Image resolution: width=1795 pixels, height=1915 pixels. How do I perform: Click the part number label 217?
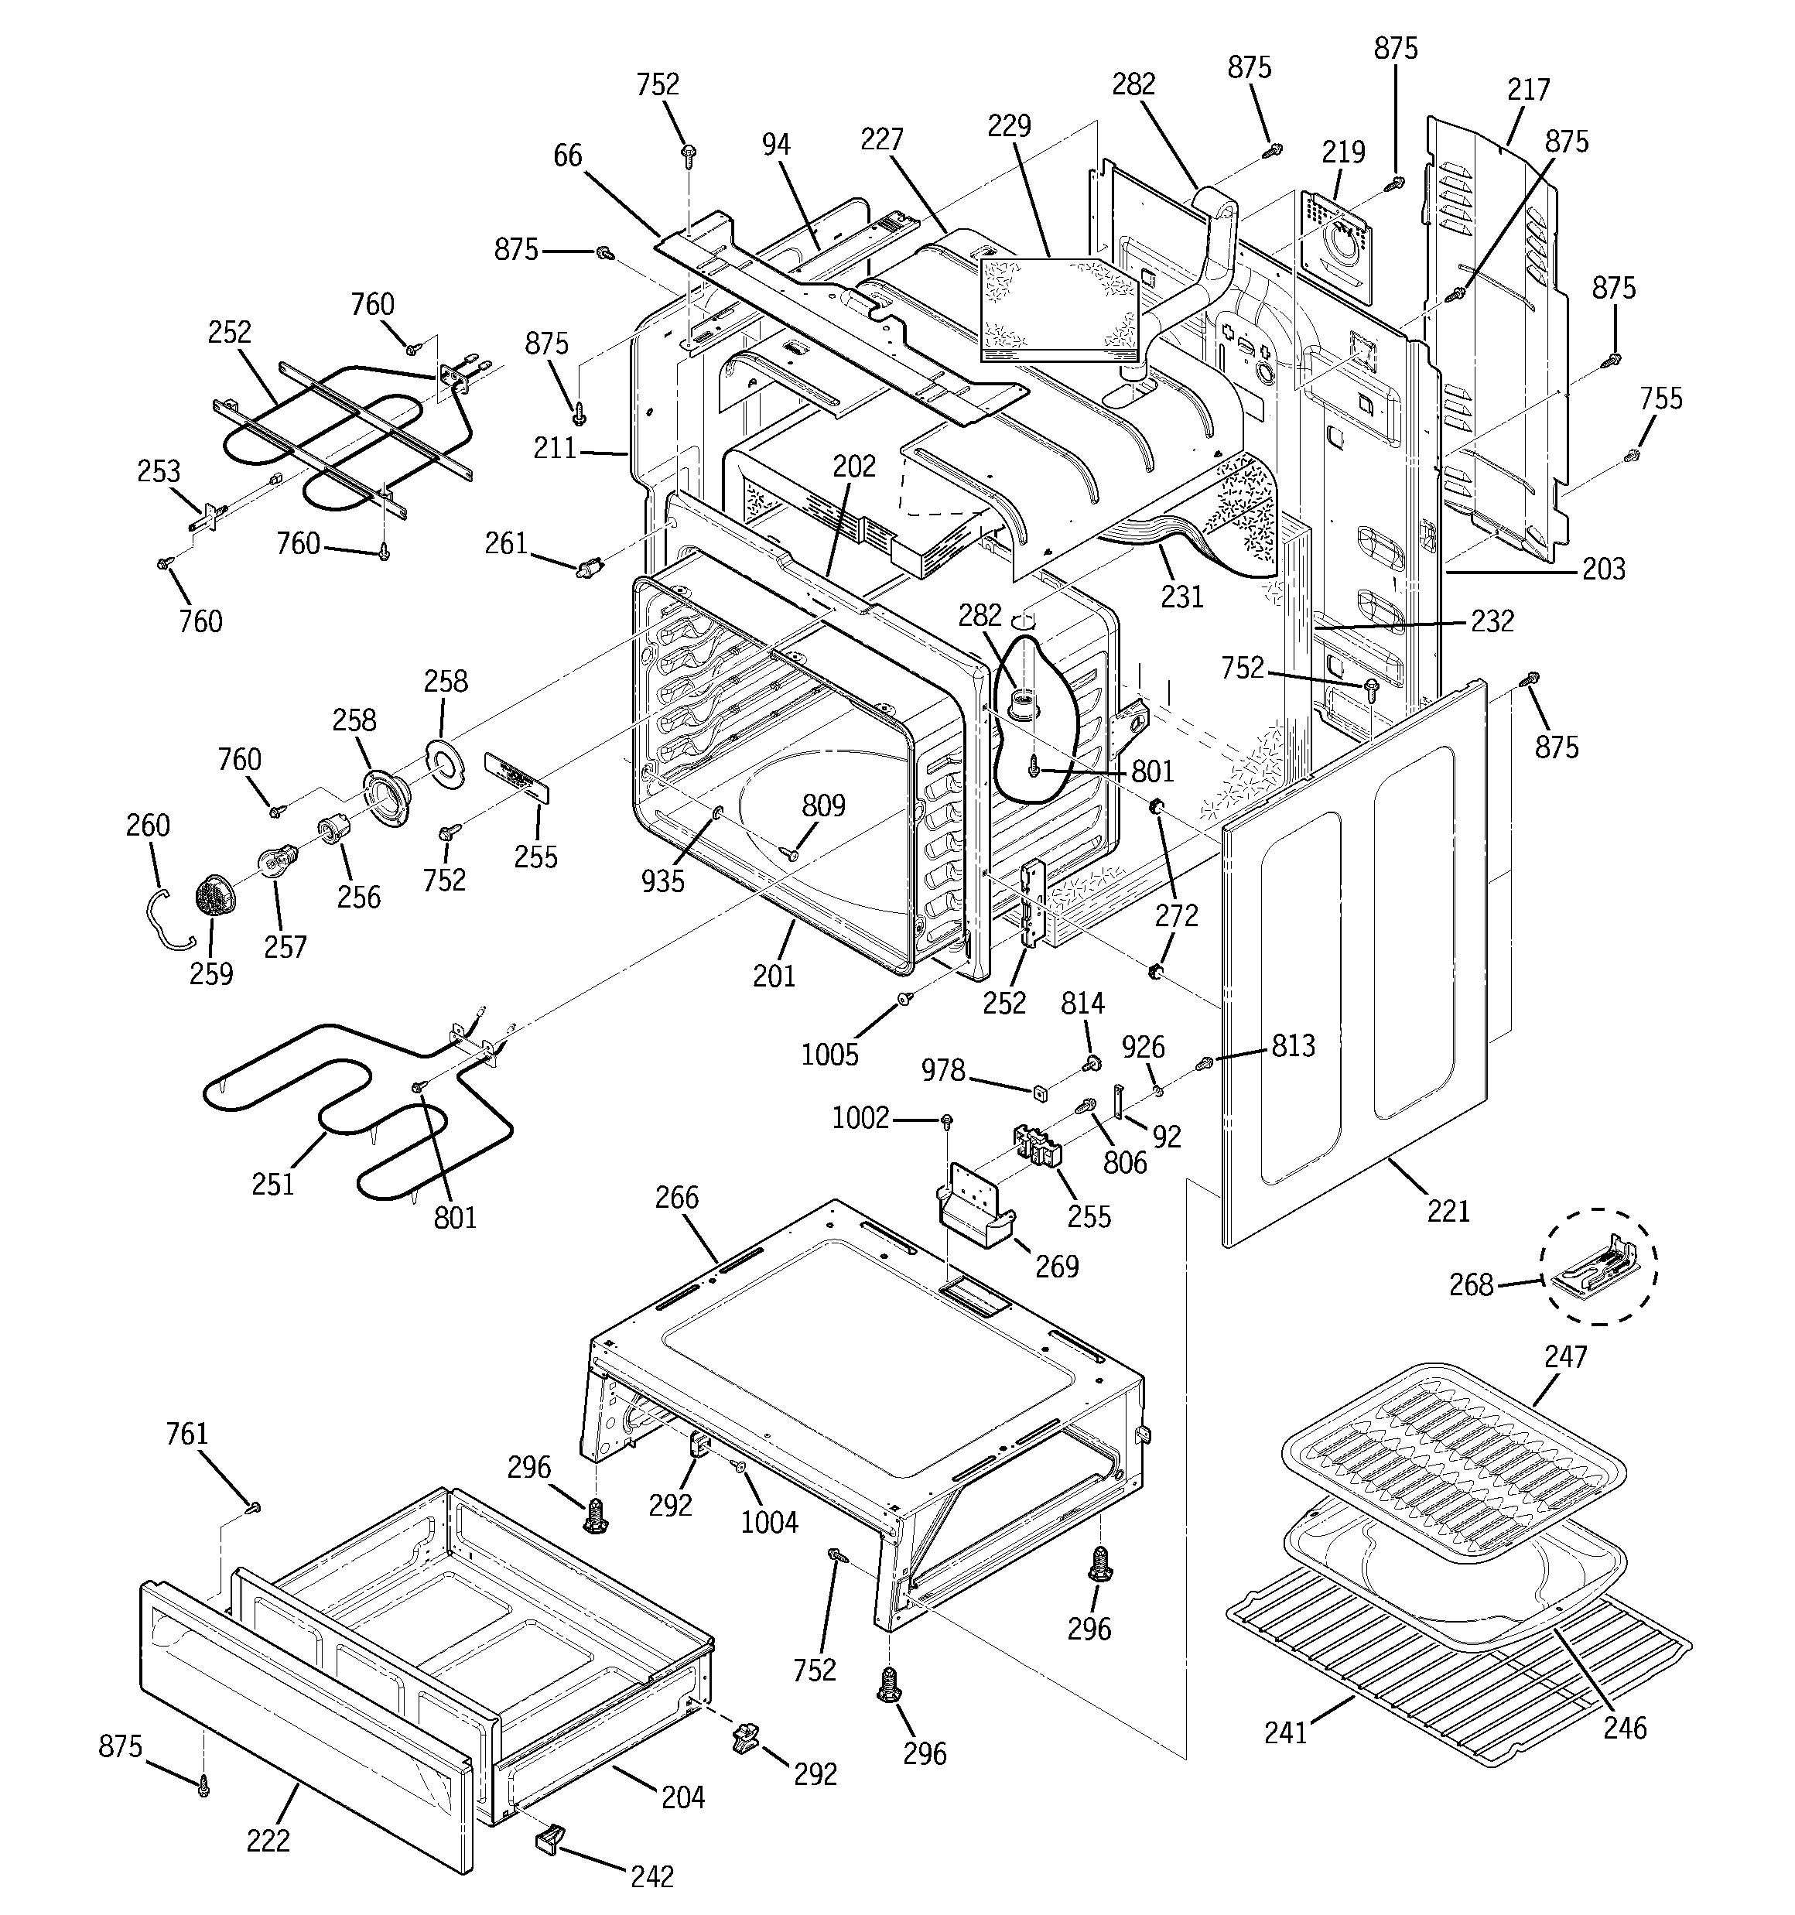pos(1528,91)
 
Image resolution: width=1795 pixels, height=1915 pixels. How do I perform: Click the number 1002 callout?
pos(860,1118)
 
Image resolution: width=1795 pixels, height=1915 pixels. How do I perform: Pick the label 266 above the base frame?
pos(676,1199)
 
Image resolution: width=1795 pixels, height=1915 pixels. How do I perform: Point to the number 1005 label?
pos(829,1055)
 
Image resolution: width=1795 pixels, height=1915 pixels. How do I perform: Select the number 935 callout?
pos(663,880)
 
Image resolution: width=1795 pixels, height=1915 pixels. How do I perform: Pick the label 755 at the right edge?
pos(1660,398)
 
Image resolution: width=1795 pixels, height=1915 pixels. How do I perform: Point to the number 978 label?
pos(943,1070)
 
